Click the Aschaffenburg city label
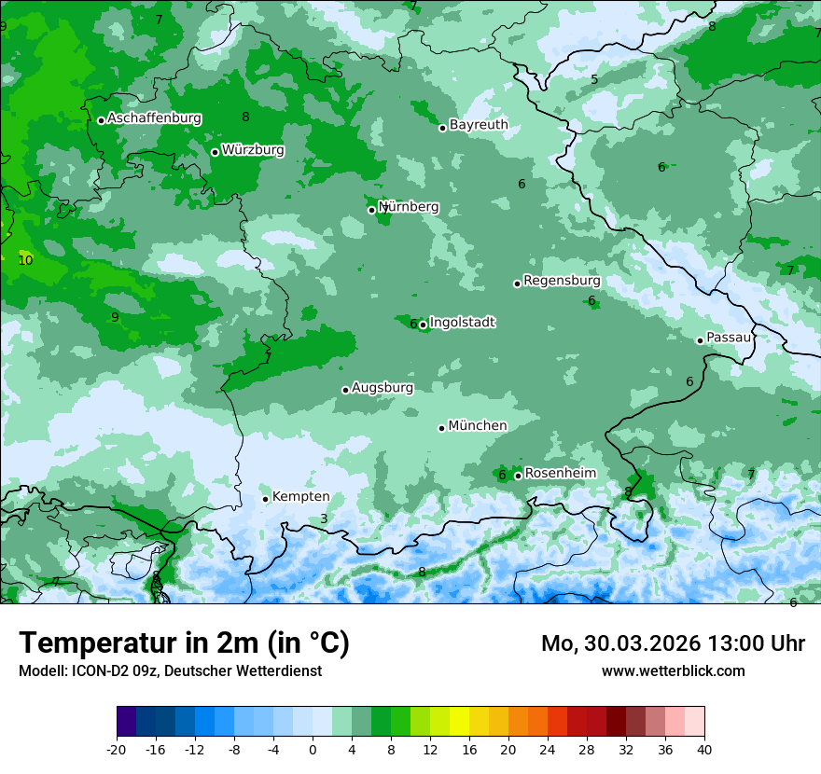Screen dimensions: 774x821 coord(154,118)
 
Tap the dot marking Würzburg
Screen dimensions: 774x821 coord(215,152)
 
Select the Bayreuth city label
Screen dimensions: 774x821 coord(479,124)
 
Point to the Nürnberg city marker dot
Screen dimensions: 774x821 coord(371,210)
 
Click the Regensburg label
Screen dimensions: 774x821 coord(562,280)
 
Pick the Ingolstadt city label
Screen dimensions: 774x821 coord(462,323)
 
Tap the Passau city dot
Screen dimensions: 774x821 coord(700,340)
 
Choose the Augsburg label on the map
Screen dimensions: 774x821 coord(383,387)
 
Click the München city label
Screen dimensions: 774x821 coord(478,425)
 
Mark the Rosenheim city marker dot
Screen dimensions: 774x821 coord(518,476)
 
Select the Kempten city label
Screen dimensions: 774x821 coord(300,496)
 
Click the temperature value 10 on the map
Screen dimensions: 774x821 coord(25,260)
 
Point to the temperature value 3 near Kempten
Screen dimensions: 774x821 coord(324,518)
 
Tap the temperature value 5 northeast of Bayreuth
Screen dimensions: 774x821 coord(594,79)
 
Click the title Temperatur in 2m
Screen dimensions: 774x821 coord(184,643)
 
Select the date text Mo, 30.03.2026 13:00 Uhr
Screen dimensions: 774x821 coord(673,643)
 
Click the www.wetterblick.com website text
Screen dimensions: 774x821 coord(673,670)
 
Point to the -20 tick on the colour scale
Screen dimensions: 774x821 coord(117,749)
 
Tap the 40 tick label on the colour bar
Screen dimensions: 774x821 coord(703,749)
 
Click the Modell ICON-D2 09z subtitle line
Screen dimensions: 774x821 coord(170,670)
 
